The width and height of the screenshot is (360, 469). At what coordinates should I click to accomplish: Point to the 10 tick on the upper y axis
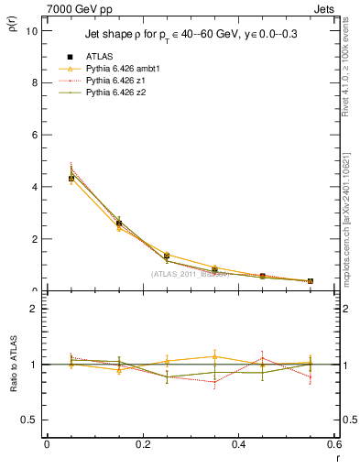click(31, 30)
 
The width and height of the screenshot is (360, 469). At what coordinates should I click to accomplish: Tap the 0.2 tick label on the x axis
click(142, 444)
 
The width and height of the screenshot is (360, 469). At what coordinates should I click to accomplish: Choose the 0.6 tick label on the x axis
click(333, 444)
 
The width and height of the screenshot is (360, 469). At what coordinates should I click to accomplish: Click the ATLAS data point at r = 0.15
click(118, 223)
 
